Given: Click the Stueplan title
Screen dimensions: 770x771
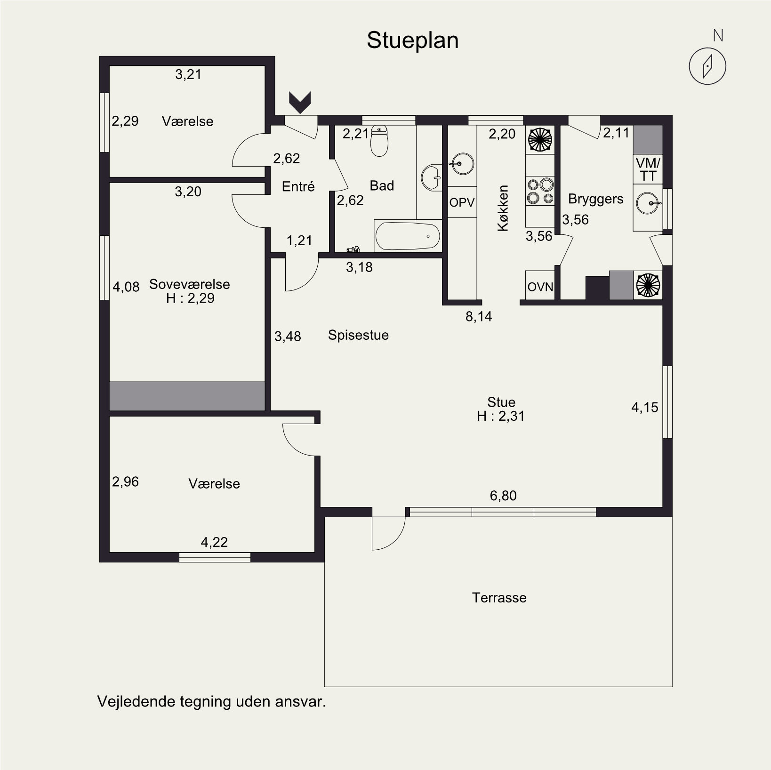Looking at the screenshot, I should point(412,40).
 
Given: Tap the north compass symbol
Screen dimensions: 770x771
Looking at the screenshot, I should point(707,66).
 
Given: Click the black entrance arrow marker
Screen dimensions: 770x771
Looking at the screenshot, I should point(300,102).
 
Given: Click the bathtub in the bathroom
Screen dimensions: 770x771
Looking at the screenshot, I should point(408,236).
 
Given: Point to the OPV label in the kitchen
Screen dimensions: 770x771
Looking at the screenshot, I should point(462,202).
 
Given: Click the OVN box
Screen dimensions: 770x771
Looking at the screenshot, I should point(540,286).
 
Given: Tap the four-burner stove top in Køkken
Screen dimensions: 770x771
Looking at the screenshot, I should point(540,191).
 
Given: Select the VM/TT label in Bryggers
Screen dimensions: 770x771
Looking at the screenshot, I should point(648,169).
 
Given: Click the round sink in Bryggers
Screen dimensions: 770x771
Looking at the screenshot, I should point(648,203).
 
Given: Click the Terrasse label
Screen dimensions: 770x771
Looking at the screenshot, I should point(499,598).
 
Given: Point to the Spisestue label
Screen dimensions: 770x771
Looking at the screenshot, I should point(358,335).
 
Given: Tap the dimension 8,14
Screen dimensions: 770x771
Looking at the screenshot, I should point(479,317).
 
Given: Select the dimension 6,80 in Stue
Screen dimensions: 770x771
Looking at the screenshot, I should point(503,496).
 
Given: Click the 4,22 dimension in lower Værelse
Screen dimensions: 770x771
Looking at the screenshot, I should point(214,542).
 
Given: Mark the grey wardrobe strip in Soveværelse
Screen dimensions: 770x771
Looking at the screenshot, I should point(187,396).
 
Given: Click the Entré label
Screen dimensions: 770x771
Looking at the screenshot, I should point(298,187).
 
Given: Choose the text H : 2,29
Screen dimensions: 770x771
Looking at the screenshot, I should point(190,298).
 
